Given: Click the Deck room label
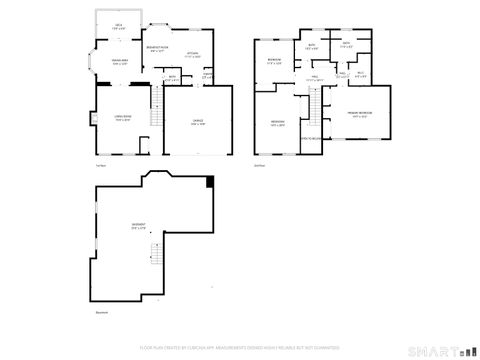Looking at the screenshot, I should (118, 25).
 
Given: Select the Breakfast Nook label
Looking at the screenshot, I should (157, 49).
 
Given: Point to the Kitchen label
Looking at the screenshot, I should (193, 55).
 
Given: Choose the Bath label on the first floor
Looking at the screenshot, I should (172, 78).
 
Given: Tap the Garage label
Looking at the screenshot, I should (198, 122).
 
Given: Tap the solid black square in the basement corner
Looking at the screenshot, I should (209, 181).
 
